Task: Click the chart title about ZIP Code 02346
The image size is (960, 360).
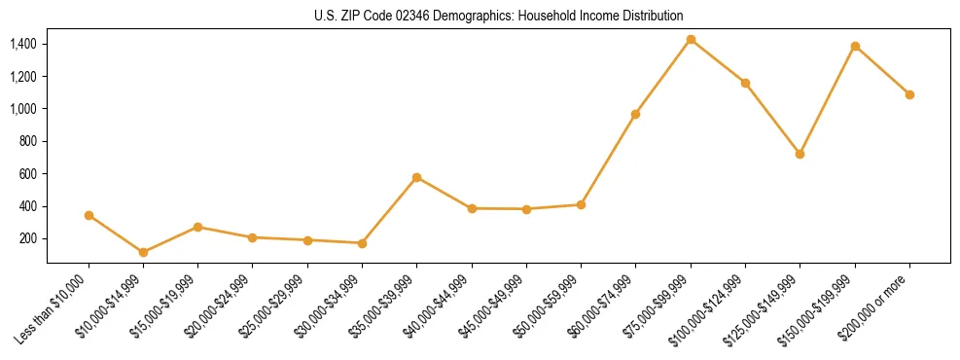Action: coord(499,16)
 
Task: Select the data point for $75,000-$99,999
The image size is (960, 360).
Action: coord(691,40)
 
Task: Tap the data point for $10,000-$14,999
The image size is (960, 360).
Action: coord(143,252)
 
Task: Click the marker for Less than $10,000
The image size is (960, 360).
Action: coord(89,215)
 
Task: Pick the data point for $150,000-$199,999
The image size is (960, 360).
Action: coord(855,46)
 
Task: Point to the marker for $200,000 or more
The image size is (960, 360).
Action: coord(909,94)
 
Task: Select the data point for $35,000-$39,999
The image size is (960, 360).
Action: coord(416,177)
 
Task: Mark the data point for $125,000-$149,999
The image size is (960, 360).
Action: coord(800,154)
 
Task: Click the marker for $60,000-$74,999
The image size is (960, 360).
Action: coord(635,114)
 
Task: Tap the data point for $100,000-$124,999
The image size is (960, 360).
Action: coord(745,83)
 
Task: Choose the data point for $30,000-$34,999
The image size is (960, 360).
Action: coord(362,243)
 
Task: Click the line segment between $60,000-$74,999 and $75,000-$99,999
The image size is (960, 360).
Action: coord(662,77)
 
